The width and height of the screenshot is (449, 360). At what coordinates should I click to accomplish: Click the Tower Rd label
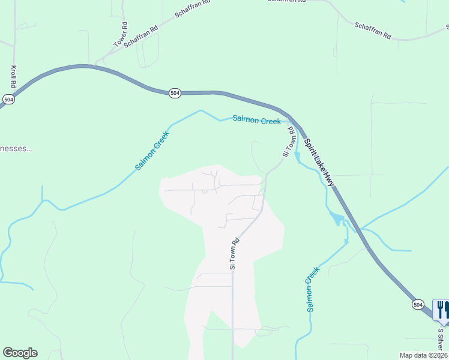tap(121, 35)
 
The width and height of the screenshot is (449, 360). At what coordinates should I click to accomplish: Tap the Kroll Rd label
tap(13, 76)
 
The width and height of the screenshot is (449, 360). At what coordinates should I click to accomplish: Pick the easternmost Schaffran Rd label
tap(372, 31)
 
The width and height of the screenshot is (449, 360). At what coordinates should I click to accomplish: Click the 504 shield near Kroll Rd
tap(8, 99)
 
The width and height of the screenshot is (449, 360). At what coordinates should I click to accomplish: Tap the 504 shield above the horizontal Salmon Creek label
tap(175, 93)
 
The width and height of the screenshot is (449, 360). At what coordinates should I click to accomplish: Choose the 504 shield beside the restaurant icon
tap(418, 305)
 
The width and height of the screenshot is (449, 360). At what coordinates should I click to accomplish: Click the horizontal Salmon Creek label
tap(256, 121)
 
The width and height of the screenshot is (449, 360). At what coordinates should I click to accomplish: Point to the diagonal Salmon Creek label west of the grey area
tap(152, 151)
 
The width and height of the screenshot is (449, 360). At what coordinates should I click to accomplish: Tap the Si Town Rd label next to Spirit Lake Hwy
tap(289, 142)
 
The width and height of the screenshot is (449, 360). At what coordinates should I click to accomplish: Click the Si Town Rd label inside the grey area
tap(234, 253)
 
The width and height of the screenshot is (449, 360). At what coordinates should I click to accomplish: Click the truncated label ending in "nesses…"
tap(15, 148)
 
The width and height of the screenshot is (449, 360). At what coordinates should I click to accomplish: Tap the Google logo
tap(20, 353)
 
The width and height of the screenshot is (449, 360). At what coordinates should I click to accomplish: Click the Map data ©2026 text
tap(423, 355)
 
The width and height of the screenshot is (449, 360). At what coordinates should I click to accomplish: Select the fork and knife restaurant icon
tap(441, 310)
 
